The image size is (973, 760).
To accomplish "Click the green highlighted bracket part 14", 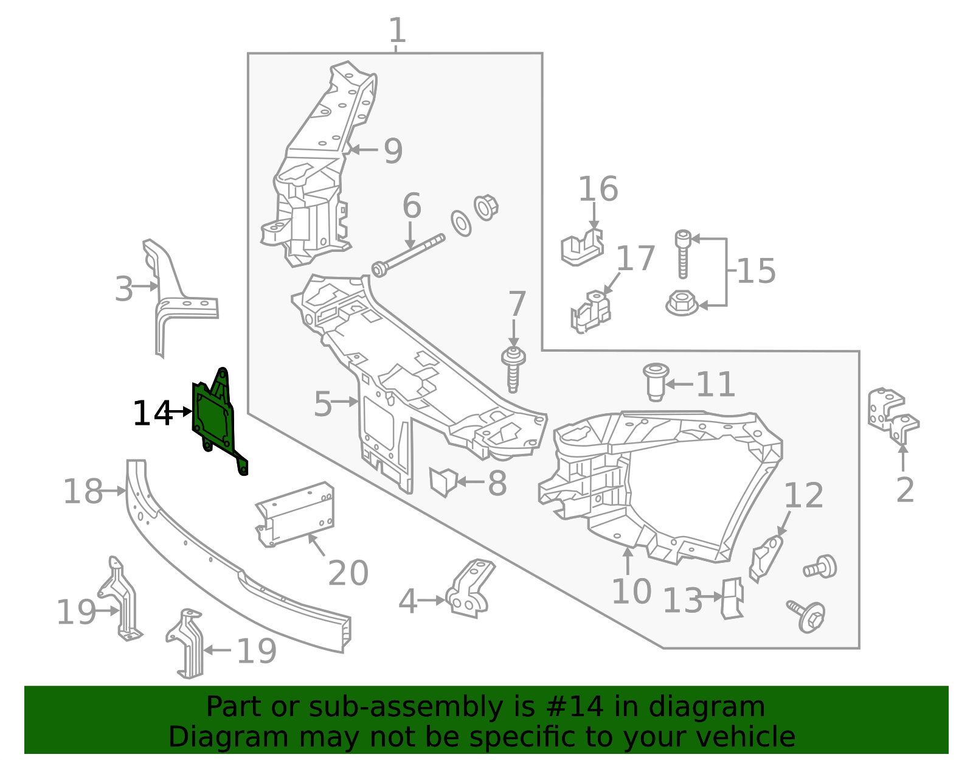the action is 213,417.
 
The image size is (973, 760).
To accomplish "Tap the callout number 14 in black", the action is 152,414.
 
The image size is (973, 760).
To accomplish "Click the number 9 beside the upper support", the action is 393,151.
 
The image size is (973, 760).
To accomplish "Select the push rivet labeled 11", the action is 655,383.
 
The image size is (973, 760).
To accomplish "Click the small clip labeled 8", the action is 443,481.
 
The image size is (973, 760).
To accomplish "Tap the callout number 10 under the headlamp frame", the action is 631,591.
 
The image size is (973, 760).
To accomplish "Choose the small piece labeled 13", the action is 732,598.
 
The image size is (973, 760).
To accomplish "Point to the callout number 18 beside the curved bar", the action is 83,491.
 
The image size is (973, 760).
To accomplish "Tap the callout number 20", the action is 348,573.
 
